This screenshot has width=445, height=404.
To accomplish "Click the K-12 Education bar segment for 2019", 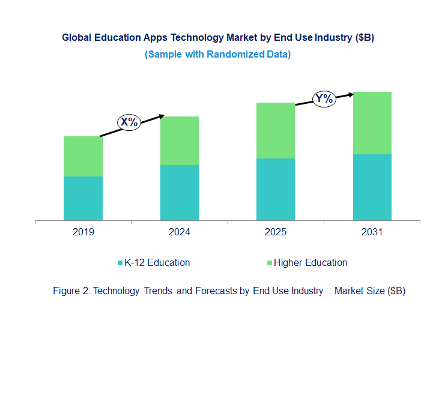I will pyautogui.click(x=83, y=198).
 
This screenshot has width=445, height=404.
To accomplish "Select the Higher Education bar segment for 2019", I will pyautogui.click(x=83, y=156).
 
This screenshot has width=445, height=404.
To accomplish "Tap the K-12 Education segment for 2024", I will pyautogui.click(x=179, y=193).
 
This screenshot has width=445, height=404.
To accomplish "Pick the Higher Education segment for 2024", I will pyautogui.click(x=179, y=140).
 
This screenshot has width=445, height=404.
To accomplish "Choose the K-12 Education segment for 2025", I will pyautogui.click(x=276, y=189).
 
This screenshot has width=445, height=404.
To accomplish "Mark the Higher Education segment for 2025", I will pyautogui.click(x=276, y=130).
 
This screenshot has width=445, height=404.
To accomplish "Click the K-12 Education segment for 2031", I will pyautogui.click(x=372, y=187).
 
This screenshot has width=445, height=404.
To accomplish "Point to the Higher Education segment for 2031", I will pyautogui.click(x=372, y=123).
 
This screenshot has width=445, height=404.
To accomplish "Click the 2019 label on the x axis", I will pyautogui.click(x=83, y=232).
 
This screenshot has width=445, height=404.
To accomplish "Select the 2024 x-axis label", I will pyautogui.click(x=179, y=232).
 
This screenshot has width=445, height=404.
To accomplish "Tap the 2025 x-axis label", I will pyautogui.click(x=276, y=232).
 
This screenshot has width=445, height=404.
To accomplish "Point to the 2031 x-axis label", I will pyautogui.click(x=372, y=232).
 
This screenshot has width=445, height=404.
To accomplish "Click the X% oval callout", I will pyautogui.click(x=129, y=122).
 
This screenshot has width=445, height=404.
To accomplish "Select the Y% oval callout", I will pyautogui.click(x=324, y=99).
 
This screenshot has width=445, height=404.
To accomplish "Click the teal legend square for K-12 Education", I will pyautogui.click(x=120, y=263).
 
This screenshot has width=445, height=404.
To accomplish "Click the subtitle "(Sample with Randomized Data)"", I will pyautogui.click(x=217, y=55).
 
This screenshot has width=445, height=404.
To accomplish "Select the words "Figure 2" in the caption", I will pyautogui.click(x=71, y=291).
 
